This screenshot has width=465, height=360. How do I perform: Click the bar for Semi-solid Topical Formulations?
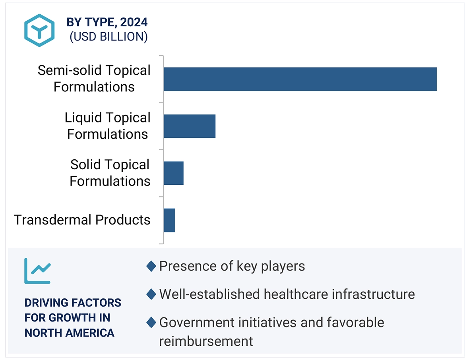(x=300, y=79)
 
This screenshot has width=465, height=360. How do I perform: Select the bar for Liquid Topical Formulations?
(x=189, y=126)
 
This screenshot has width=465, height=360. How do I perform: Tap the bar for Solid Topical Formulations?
(x=173, y=173)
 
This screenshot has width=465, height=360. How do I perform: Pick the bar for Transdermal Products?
(x=169, y=220)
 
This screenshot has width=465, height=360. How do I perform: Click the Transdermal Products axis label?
(x=82, y=220)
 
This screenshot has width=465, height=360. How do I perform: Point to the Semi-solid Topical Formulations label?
(x=94, y=79)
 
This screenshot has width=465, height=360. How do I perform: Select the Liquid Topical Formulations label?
(x=108, y=126)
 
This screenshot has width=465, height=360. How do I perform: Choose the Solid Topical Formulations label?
(x=110, y=173)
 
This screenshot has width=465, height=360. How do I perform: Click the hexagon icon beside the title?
(x=39, y=30)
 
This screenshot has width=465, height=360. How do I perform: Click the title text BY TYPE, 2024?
(x=107, y=21)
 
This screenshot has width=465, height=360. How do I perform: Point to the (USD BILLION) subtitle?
(x=108, y=37)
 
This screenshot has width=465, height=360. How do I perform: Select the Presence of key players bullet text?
(x=232, y=266)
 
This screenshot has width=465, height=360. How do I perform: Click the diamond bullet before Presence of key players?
(x=151, y=266)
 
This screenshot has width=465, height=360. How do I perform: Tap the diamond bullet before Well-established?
(x=151, y=294)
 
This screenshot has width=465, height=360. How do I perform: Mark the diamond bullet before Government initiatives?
(x=151, y=323)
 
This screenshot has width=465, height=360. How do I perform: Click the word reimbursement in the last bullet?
(x=206, y=341)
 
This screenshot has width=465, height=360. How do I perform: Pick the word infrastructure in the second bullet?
(x=373, y=294)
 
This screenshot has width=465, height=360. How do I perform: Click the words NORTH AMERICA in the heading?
(x=69, y=333)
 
